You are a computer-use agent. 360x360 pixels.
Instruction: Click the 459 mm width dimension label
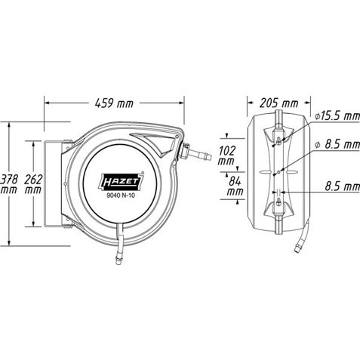(x=114, y=103)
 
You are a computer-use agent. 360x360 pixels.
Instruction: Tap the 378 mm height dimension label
(x=9, y=184)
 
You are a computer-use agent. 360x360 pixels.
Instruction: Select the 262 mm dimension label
(x=33, y=184)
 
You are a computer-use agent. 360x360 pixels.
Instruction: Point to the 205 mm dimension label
(x=278, y=103)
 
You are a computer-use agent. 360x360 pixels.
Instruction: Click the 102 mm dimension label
(x=226, y=155)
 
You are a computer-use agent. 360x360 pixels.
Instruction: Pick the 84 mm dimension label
(x=235, y=186)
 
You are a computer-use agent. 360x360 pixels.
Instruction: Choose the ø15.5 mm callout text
(x=337, y=116)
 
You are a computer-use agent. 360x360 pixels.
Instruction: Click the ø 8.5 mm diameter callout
(x=337, y=144)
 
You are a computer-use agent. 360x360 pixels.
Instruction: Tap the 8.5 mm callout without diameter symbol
(x=343, y=186)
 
